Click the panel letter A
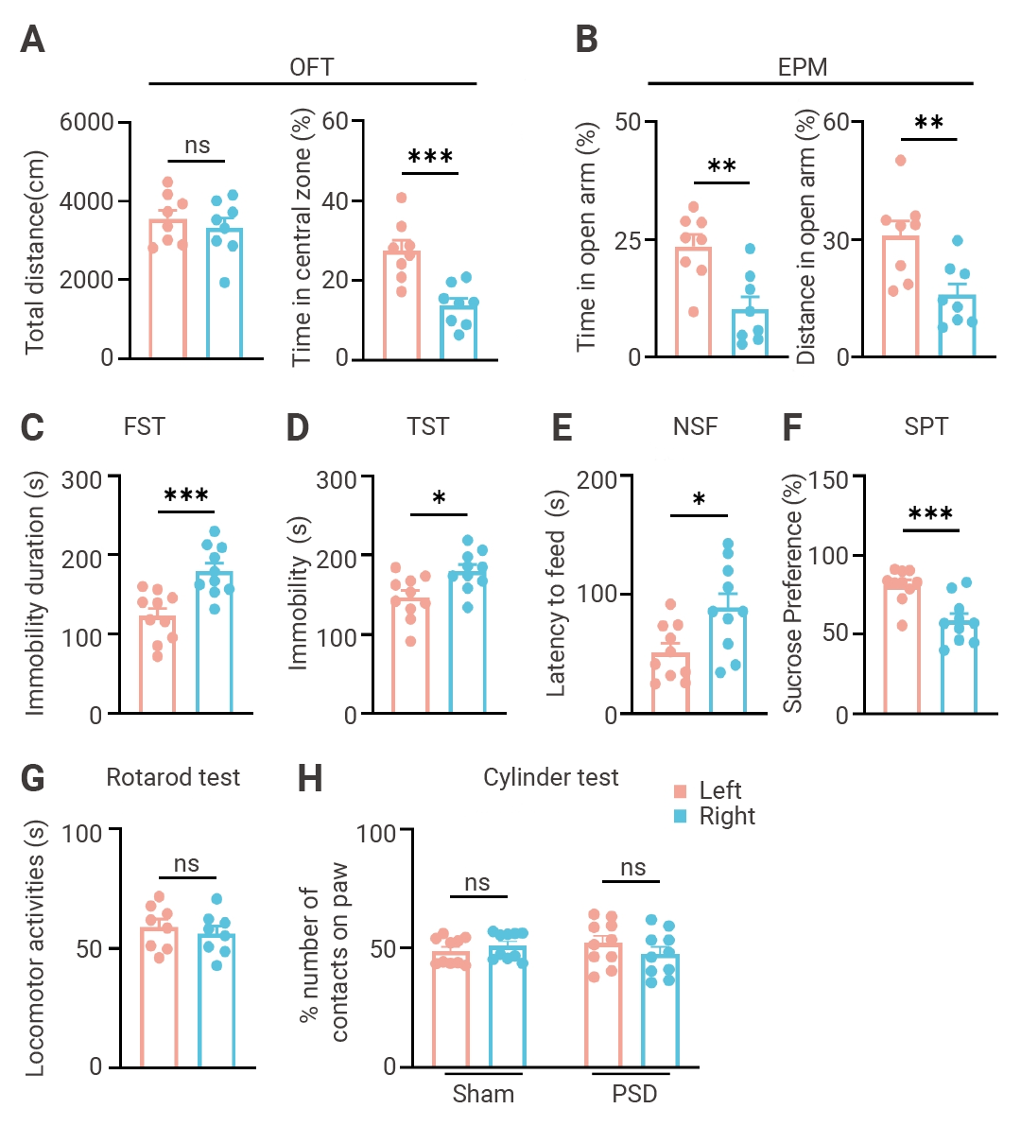point(32,41)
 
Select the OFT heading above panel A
point(311,67)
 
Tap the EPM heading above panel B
point(802,67)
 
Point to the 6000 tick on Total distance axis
point(86,122)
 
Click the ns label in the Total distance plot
point(197,145)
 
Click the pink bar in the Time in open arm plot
point(693,303)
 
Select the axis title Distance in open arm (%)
point(805,237)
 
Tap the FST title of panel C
point(144,427)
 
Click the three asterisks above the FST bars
point(186,496)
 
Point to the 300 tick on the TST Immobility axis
point(337,479)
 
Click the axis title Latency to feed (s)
point(557,594)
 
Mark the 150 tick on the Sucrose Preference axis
point(829,479)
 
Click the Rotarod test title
point(173,777)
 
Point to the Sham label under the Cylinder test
point(483,1094)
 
